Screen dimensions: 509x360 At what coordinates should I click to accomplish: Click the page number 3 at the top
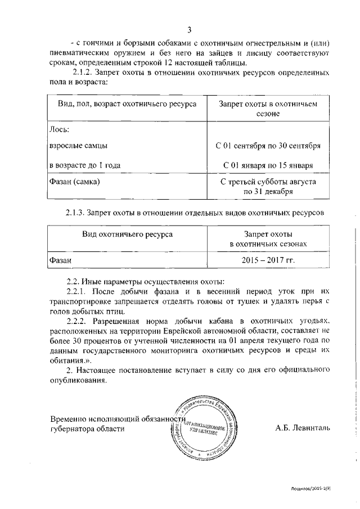tap(190, 30)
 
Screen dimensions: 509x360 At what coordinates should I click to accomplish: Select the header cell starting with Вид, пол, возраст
tap(127, 105)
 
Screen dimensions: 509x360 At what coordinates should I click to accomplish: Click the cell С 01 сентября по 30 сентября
tap(268, 146)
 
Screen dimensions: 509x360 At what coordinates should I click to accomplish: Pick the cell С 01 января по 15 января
tap(268, 165)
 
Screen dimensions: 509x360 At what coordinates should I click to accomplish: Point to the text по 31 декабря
tap(268, 191)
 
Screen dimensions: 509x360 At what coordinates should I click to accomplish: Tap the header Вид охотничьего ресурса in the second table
tap(127, 233)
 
